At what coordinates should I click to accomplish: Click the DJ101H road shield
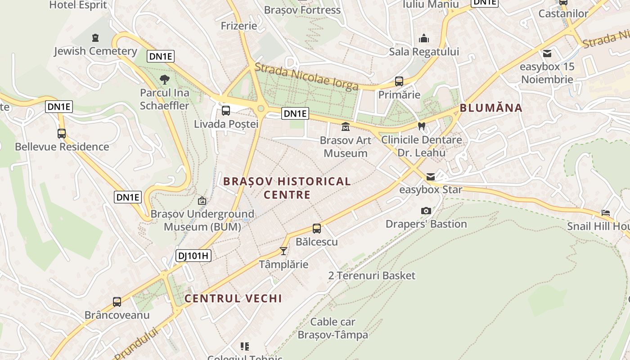coord(193,256)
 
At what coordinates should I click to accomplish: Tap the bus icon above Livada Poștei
coord(226,110)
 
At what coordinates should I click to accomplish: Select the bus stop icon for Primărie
coord(399,81)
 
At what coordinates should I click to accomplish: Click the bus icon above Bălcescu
coord(317,229)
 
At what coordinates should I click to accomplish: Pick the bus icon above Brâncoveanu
coord(117,302)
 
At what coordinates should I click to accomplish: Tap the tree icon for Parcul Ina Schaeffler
coord(165,80)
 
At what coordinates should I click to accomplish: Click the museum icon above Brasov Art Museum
coord(346,127)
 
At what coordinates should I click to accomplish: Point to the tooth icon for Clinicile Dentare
coord(422,126)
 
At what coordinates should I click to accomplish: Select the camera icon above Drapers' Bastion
coord(426,211)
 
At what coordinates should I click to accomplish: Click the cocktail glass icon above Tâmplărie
coord(283,251)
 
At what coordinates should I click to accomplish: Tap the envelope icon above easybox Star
coord(431,177)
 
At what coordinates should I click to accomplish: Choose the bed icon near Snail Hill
coord(606,213)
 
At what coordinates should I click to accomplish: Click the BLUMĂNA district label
coord(491,108)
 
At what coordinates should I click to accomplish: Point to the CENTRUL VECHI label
coord(233,298)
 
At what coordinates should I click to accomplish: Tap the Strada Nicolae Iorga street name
coord(306,77)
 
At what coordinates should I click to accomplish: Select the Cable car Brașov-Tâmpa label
coord(333,328)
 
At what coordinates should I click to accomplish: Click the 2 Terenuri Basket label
coord(372,275)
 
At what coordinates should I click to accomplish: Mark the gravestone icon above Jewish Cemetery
coord(95,38)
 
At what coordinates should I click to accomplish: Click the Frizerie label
coord(239,26)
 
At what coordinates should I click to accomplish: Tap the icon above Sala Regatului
coord(424,39)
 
